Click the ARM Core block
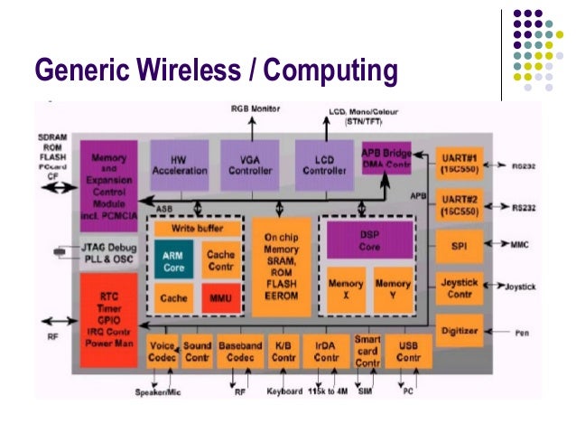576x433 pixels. tap(172, 261)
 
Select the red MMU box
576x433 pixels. tap(219, 297)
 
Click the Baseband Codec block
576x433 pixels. tap(240, 351)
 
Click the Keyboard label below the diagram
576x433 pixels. tap(284, 392)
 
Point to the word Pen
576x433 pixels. tap(522, 333)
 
